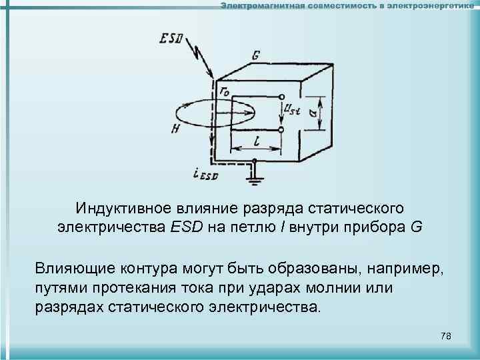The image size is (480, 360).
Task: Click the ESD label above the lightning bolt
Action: (171, 39)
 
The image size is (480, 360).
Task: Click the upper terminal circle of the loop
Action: (281, 99)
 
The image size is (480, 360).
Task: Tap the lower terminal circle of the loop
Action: (281, 128)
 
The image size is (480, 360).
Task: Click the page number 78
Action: (446, 336)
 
